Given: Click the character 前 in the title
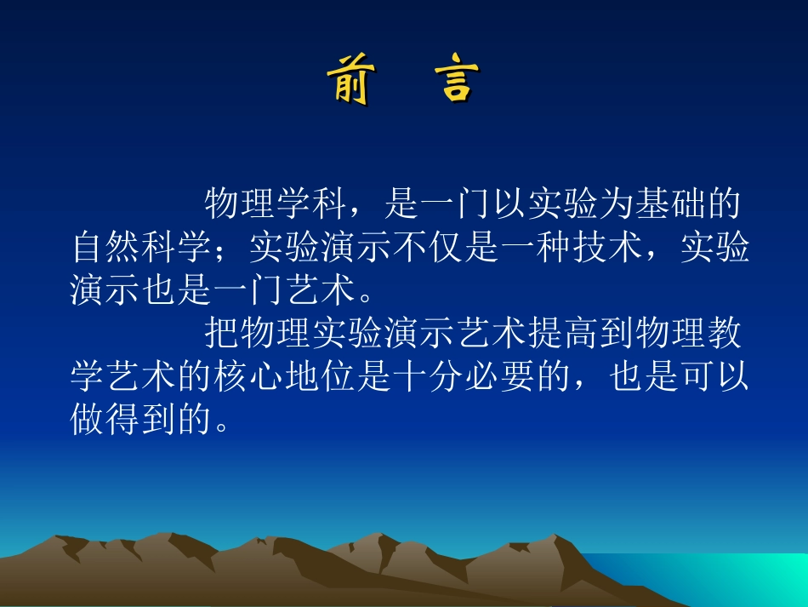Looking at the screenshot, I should coord(349,81).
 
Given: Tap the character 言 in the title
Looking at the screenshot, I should coord(460,81).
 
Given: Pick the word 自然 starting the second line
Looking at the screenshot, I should coord(106,249).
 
